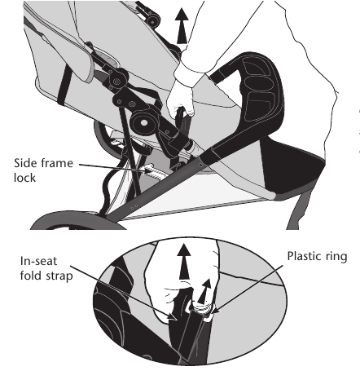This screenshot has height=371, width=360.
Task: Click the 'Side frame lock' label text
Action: click(x=43, y=170)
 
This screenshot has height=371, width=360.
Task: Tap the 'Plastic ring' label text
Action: click(x=317, y=257)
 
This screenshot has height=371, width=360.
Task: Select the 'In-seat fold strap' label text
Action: click(x=46, y=268)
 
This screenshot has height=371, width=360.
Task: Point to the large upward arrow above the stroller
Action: click(x=182, y=26)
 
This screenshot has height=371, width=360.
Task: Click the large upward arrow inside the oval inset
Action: click(x=184, y=262)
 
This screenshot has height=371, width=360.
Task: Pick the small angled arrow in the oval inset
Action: click(x=204, y=291)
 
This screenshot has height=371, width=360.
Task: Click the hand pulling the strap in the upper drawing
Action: click(x=181, y=92)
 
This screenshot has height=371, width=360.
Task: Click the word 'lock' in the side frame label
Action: click(x=24, y=178)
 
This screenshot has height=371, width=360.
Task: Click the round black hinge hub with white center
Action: click(x=143, y=122)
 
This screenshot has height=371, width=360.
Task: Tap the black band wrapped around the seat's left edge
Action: click(x=64, y=85)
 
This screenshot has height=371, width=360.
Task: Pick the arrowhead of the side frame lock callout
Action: click(x=149, y=170)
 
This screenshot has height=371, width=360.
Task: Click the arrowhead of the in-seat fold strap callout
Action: click(x=173, y=316)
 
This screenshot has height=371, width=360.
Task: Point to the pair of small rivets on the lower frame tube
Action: click(x=134, y=207)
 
